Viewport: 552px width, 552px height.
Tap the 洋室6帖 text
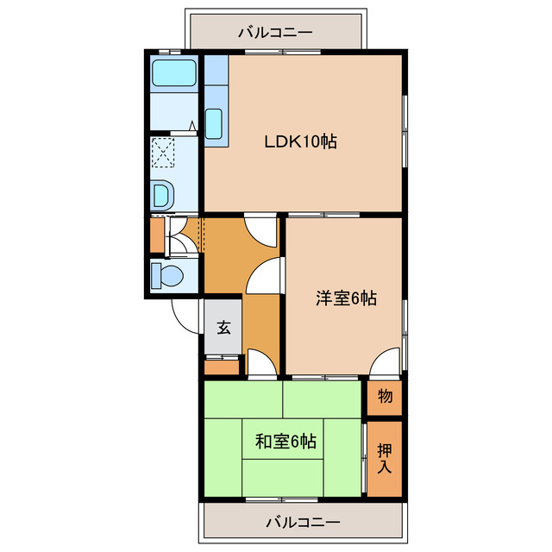(345, 298)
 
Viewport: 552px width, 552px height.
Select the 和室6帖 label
(285, 442)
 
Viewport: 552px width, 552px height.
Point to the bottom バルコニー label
(302, 522)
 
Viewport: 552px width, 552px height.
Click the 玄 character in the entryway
(223, 328)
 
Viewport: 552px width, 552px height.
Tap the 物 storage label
(385, 397)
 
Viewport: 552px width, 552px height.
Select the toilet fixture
(165, 276)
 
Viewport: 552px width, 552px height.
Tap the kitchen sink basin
(215, 122)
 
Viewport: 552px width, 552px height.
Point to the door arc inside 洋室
(386, 362)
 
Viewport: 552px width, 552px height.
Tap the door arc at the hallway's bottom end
(260, 363)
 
